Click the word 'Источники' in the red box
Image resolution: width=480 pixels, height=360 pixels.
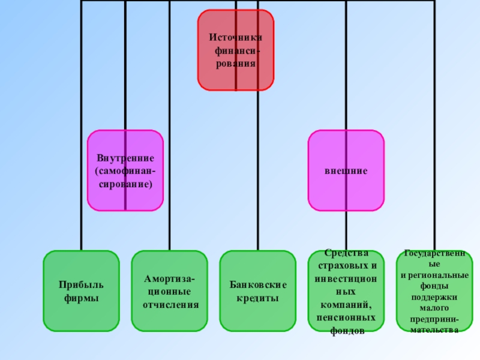click(x=235, y=37)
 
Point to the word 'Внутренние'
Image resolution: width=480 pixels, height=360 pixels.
click(x=125, y=158)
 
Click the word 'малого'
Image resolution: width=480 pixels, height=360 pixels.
click(x=434, y=307)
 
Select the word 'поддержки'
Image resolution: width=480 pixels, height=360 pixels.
click(x=434, y=296)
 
